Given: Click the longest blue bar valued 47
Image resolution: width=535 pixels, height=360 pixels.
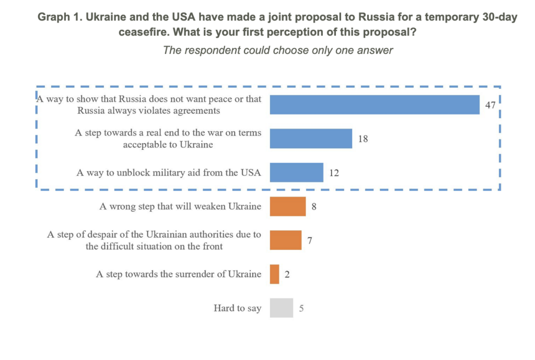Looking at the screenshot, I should tap(374, 104).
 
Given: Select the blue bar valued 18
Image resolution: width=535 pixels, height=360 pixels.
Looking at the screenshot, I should tap(311, 138).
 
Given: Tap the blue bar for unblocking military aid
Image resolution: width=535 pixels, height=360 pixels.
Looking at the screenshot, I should tap(296, 172).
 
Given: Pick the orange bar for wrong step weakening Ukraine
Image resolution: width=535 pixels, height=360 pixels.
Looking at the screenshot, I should tap(287, 206).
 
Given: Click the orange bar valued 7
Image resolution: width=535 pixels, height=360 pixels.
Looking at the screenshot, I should tap(285, 240).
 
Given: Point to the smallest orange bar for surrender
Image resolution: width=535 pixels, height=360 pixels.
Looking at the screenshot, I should tap(274, 274).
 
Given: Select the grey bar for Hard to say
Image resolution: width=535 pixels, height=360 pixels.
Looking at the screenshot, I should tap(281, 308).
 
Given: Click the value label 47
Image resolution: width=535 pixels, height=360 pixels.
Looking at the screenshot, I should tap(490, 105).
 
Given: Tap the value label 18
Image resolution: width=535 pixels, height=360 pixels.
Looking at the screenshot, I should tap(363, 139).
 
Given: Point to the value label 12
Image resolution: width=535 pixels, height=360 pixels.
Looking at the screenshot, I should tap(334, 172).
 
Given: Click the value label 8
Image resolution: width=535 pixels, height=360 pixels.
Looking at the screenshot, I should tap(314, 206).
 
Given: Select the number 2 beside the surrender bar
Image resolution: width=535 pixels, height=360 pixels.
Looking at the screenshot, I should tap(287, 274).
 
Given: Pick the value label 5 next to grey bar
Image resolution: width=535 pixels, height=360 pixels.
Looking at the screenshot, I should tap(301, 308).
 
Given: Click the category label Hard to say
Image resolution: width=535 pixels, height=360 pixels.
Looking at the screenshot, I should tap(237, 308).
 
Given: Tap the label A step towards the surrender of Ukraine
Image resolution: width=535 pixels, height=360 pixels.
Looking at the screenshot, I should tap(179, 274).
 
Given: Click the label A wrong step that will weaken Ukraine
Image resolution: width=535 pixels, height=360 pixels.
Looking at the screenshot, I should tap(180, 206).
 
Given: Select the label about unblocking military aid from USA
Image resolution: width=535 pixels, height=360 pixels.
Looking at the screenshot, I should tap(169, 172).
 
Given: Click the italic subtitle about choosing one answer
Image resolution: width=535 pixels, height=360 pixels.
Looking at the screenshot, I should tap(278, 50).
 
